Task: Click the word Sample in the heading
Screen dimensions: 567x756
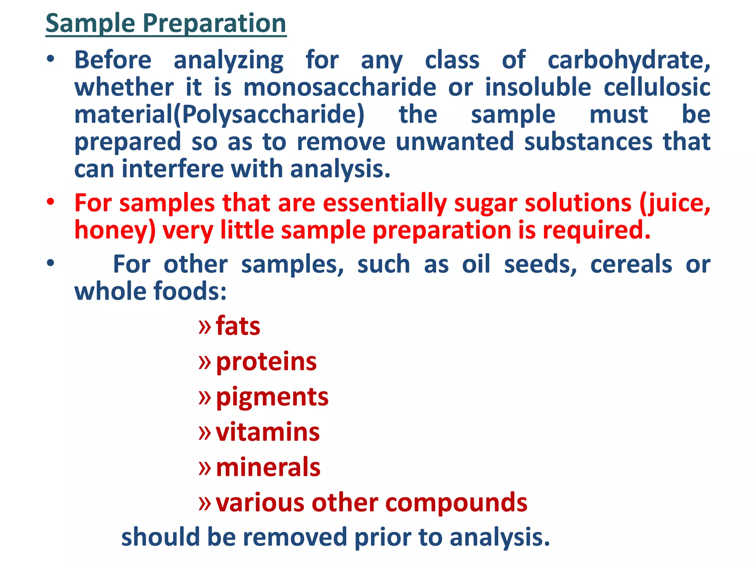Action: pos(90,23)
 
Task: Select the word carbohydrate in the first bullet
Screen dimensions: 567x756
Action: pos(629,60)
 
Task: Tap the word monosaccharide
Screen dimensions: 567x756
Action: pos(340,87)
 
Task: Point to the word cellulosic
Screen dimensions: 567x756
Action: pos(657,87)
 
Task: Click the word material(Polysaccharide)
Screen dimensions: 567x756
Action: pos(219,115)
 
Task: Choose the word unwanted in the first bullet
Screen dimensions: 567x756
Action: pos(454,142)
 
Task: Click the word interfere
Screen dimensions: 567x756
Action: pos(173,169)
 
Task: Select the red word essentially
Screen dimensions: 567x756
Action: pos(385,203)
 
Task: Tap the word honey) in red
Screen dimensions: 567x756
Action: pos(115,230)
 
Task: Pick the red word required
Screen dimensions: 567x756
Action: pos(596,230)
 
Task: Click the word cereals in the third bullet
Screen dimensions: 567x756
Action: pos(631,265)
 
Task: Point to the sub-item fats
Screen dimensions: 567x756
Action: pos(238,326)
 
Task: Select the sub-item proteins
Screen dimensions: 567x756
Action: pos(266,362)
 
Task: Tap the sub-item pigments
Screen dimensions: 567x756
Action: pos(272,397)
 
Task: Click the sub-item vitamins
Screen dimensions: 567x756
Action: pos(268,432)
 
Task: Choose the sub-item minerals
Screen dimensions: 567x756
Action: pos(268,467)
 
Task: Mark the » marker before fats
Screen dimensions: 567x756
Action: pos(205,326)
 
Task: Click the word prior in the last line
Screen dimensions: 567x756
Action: pos(382,537)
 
